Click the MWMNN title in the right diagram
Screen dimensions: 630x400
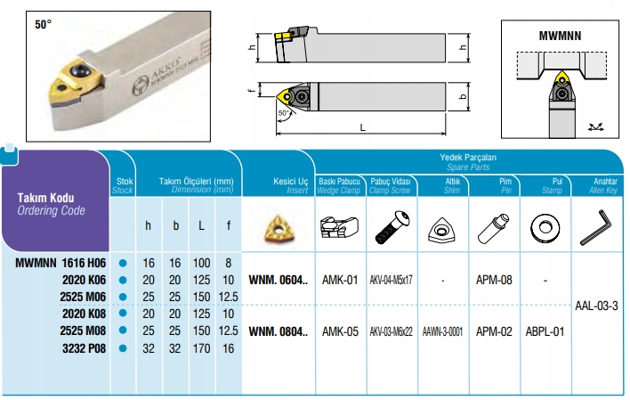[560, 36]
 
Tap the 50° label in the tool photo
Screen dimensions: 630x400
[43, 25]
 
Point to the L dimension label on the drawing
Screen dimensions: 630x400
[362, 128]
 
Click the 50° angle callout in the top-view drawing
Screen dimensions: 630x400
[284, 113]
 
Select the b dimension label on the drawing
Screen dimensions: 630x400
[464, 97]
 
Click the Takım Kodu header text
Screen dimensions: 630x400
[45, 198]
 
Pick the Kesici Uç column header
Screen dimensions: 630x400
[290, 182]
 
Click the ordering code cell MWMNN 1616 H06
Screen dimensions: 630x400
[61, 263]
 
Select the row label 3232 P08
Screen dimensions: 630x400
[84, 348]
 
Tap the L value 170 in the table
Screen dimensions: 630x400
[201, 348]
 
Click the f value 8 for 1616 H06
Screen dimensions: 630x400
[228, 263]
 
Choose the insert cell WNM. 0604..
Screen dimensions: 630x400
[278, 280]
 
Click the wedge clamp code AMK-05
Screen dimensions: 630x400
[340, 331]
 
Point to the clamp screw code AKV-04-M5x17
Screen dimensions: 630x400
[391, 280]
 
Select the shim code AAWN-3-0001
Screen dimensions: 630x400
[443, 331]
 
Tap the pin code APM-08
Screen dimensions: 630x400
[494, 280]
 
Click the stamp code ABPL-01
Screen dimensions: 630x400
[545, 331]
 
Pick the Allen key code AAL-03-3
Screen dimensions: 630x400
[597, 306]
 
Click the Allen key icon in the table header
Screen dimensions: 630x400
[596, 227]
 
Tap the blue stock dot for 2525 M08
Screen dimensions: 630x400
[123, 331]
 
